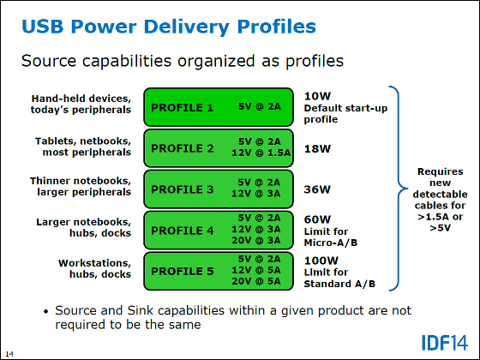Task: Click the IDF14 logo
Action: coord(445,343)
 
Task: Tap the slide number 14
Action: coord(9,354)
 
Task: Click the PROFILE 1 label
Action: coord(182,108)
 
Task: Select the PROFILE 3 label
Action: coord(182,189)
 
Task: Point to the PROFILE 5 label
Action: coord(182,271)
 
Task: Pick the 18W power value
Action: coord(317,149)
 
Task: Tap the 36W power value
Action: coord(317,189)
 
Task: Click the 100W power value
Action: coord(321,261)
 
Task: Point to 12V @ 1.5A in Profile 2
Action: coord(261,153)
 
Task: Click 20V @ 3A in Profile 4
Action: coord(256,240)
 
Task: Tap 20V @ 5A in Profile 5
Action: coord(256,281)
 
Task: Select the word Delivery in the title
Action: coord(186,27)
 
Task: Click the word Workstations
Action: coord(94,263)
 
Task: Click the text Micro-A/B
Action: coord(331,243)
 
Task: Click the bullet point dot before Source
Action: coord(46,312)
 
